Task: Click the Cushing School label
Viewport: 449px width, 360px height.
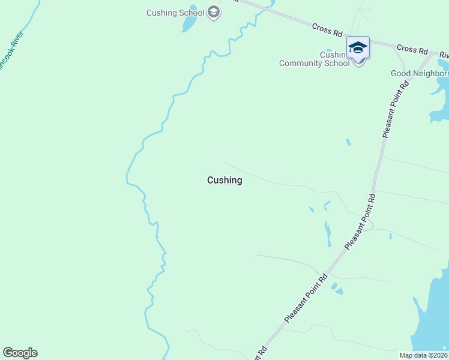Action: [x=175, y=13]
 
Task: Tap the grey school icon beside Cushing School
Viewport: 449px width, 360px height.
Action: [x=213, y=12]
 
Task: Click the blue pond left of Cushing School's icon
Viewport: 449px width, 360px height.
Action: [x=190, y=23]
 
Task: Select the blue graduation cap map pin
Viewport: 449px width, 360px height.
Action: [x=358, y=47]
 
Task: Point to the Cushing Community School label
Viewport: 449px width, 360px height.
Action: [x=314, y=59]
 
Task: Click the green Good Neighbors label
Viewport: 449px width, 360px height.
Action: [x=420, y=74]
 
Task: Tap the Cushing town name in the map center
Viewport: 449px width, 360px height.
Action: [x=224, y=180]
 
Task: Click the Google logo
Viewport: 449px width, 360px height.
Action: [x=20, y=353]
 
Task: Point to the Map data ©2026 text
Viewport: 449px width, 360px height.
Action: [x=423, y=355]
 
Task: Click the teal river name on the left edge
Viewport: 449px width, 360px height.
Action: [x=11, y=56]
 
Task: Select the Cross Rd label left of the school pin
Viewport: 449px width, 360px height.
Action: [x=327, y=29]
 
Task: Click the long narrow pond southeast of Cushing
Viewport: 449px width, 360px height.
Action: [x=328, y=233]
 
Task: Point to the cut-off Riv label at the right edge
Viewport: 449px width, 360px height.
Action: [x=444, y=55]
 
